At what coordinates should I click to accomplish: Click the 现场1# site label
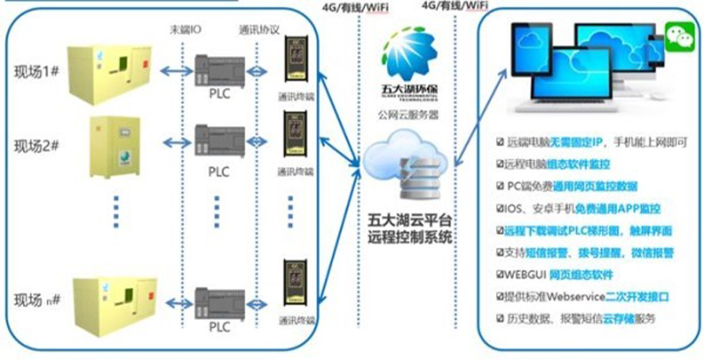[35, 68]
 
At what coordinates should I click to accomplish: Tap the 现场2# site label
[35, 145]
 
